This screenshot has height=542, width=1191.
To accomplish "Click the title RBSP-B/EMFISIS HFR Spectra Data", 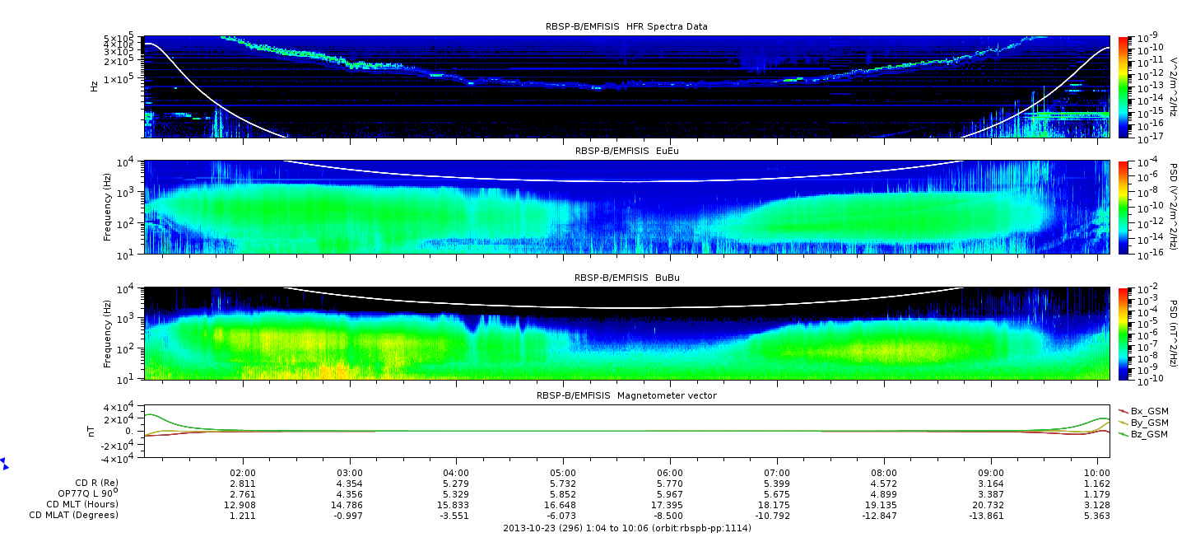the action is (626, 26).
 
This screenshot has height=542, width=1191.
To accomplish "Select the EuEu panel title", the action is (627, 151).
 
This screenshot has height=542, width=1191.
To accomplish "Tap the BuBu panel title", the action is (627, 278).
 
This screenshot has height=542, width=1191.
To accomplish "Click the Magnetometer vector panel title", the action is (626, 395).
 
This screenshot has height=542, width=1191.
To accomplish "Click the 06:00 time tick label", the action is (670, 473).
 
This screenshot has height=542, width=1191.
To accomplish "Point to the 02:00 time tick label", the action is (243, 473).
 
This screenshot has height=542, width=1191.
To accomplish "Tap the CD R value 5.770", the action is (670, 484).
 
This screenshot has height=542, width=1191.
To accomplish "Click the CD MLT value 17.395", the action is (670, 505).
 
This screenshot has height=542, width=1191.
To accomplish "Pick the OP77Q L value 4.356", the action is (350, 495).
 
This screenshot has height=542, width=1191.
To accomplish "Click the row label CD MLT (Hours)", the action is (82, 504).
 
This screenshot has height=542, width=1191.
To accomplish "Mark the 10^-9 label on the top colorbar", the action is (1147, 38).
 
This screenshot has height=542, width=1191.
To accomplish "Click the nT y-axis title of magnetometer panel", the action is (91, 431).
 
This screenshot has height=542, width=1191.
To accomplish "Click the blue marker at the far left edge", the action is (4, 463).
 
